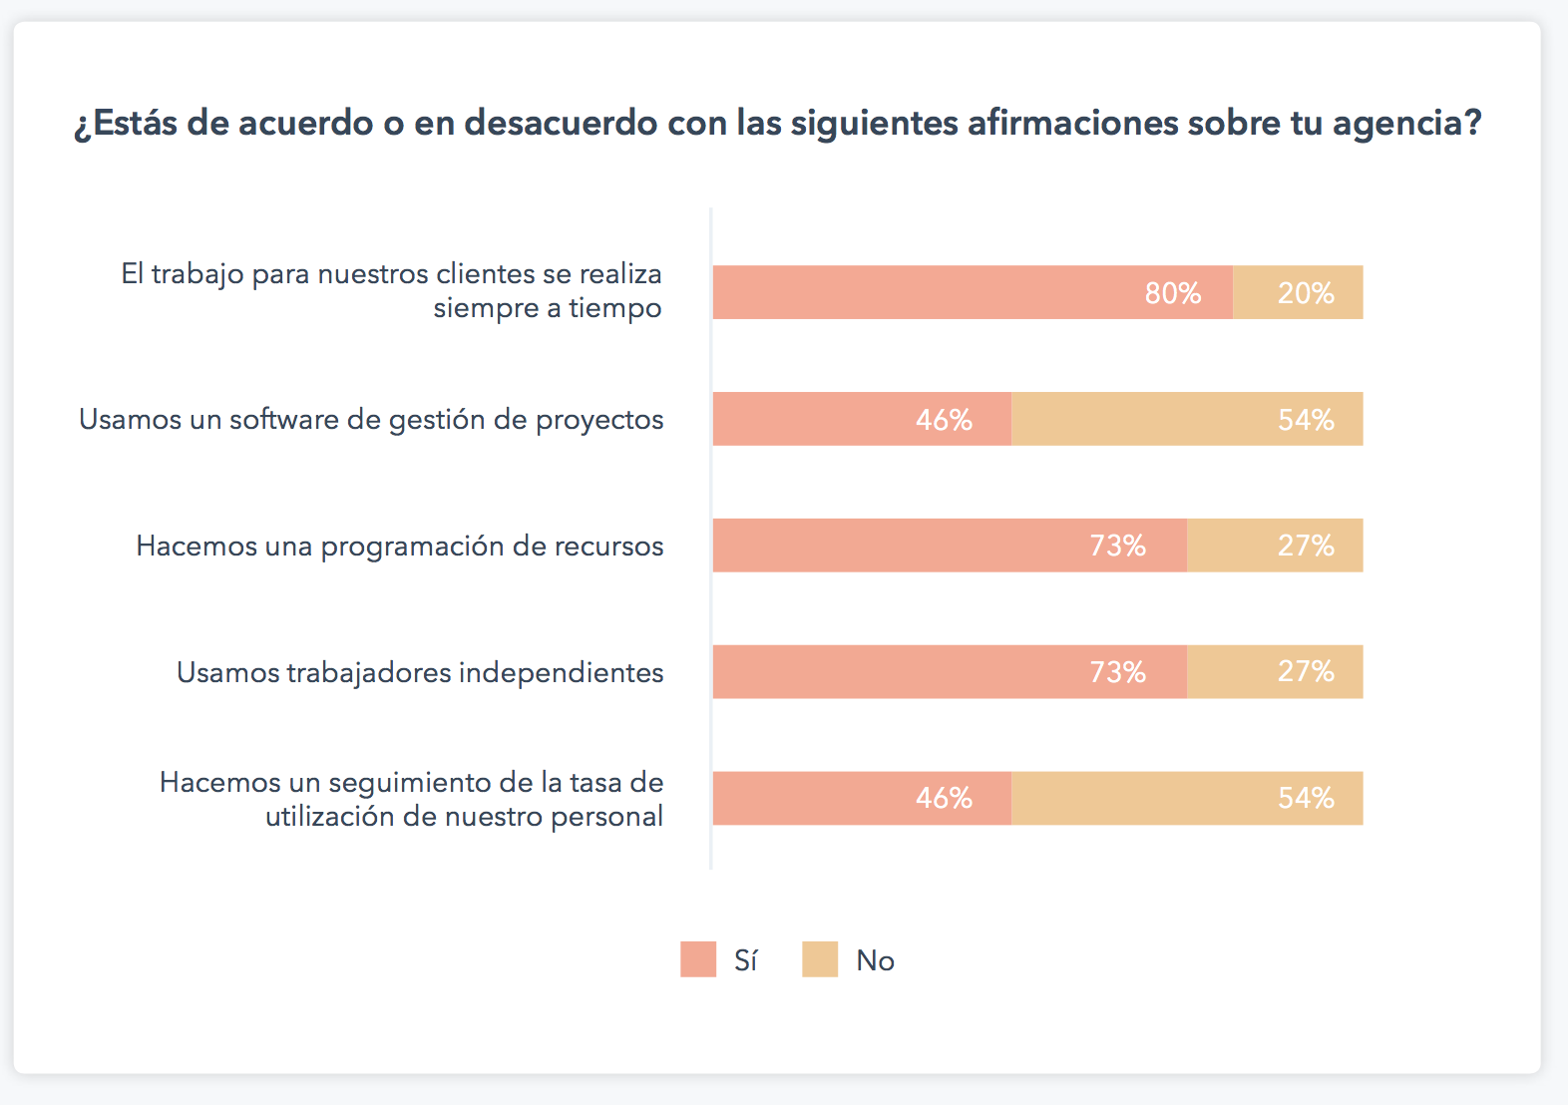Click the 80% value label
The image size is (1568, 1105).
tap(1172, 293)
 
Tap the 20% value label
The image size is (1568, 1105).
tap(1306, 293)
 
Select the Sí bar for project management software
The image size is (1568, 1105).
tap(862, 419)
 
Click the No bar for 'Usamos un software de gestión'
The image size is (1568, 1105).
tap(1187, 419)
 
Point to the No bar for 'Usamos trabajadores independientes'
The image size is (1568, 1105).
tap(1275, 672)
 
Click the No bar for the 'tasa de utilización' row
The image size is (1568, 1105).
tap(1187, 798)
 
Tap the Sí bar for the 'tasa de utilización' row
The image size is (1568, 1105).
tap(862, 798)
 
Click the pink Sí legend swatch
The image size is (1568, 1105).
tap(698, 959)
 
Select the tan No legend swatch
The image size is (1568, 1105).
tap(820, 959)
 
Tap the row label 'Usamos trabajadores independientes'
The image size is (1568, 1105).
tap(420, 673)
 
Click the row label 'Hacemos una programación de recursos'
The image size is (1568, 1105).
tap(400, 547)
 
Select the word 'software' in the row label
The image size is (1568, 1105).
tap(284, 420)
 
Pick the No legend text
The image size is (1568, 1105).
tap(875, 960)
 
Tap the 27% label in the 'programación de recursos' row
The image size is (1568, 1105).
tap(1306, 546)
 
